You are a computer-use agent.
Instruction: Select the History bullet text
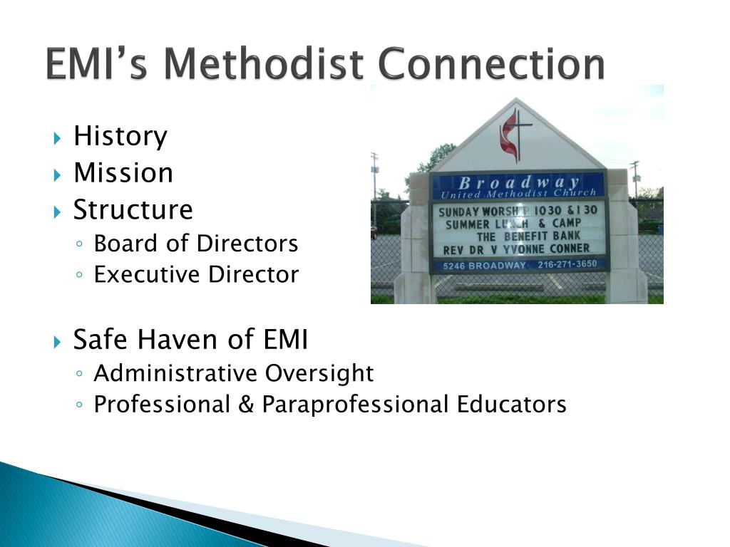point(120,136)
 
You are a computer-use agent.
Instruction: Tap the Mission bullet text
point(123,173)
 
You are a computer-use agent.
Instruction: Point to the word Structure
point(133,210)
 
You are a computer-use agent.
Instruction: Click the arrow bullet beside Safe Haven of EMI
point(58,341)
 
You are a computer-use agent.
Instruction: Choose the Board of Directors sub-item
point(196,244)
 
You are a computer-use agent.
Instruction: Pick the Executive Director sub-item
point(196,275)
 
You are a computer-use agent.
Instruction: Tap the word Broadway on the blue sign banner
point(519,182)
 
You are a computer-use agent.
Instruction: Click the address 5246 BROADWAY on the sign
point(485,265)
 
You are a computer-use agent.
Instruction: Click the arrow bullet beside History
point(58,137)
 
